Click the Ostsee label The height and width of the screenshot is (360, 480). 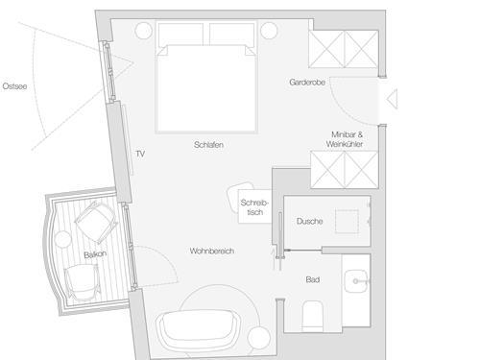14,86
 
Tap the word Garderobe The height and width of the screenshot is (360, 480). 307,83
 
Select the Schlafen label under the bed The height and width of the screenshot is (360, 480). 208,145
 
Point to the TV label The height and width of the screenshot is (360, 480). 140,154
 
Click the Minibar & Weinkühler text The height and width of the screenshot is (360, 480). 345,139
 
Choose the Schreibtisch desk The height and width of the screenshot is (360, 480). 254,206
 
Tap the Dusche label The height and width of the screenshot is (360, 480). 309,221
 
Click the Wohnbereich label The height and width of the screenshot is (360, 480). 212,251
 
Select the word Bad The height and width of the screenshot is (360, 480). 313,279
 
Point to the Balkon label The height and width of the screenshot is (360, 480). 95,254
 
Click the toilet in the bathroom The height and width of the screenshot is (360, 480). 313,316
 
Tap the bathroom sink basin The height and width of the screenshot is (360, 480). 356,281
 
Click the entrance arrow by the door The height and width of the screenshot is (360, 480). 393,99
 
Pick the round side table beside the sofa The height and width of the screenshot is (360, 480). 259,338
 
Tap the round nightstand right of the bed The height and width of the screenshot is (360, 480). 269,31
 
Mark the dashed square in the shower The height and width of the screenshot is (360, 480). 347,222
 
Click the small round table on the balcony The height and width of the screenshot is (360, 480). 62,239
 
